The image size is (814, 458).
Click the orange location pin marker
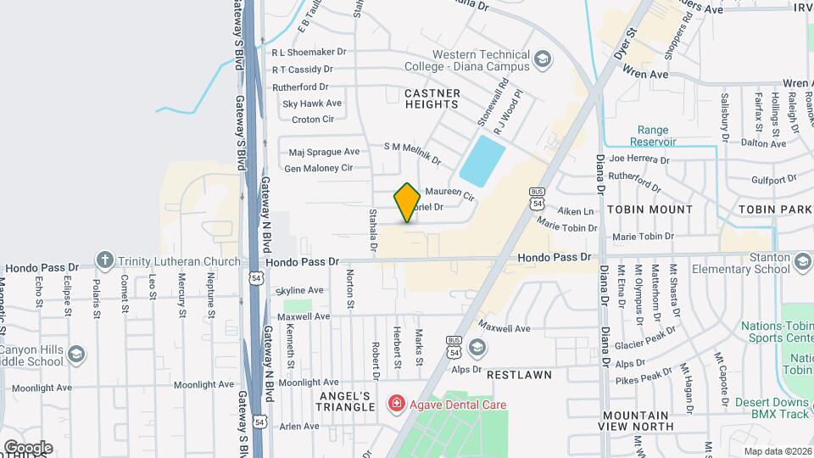408,203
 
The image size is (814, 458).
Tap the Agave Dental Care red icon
395,404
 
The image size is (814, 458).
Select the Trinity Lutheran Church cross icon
104,260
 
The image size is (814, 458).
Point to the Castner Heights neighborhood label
432,98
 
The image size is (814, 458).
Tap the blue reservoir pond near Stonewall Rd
482,161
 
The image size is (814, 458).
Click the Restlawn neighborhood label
519,374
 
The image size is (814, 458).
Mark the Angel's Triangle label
346,401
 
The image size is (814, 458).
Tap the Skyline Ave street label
301,290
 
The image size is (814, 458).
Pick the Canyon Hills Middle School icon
76,355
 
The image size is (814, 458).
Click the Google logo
28,448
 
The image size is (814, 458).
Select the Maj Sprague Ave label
324,152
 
